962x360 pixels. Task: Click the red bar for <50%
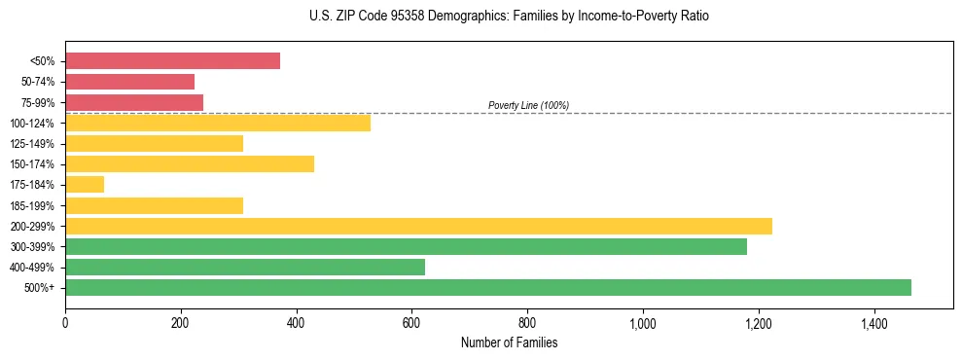[172, 61]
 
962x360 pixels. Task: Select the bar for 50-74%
[129, 82]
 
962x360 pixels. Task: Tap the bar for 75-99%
[134, 102]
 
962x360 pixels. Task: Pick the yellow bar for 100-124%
[218, 123]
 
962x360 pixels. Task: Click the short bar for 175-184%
[85, 185]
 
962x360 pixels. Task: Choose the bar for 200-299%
[418, 226]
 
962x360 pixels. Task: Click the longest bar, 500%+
[488, 287]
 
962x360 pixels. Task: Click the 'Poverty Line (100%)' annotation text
[528, 105]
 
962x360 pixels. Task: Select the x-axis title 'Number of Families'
[509, 342]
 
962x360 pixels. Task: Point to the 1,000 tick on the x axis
[643, 322]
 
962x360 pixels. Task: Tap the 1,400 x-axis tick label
[874, 322]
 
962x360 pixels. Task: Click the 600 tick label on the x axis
[411, 322]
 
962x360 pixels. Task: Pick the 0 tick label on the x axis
[65, 322]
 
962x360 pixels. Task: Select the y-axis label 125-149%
[32, 144]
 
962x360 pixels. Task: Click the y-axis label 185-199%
[32, 205]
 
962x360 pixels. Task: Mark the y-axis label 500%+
[39, 288]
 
